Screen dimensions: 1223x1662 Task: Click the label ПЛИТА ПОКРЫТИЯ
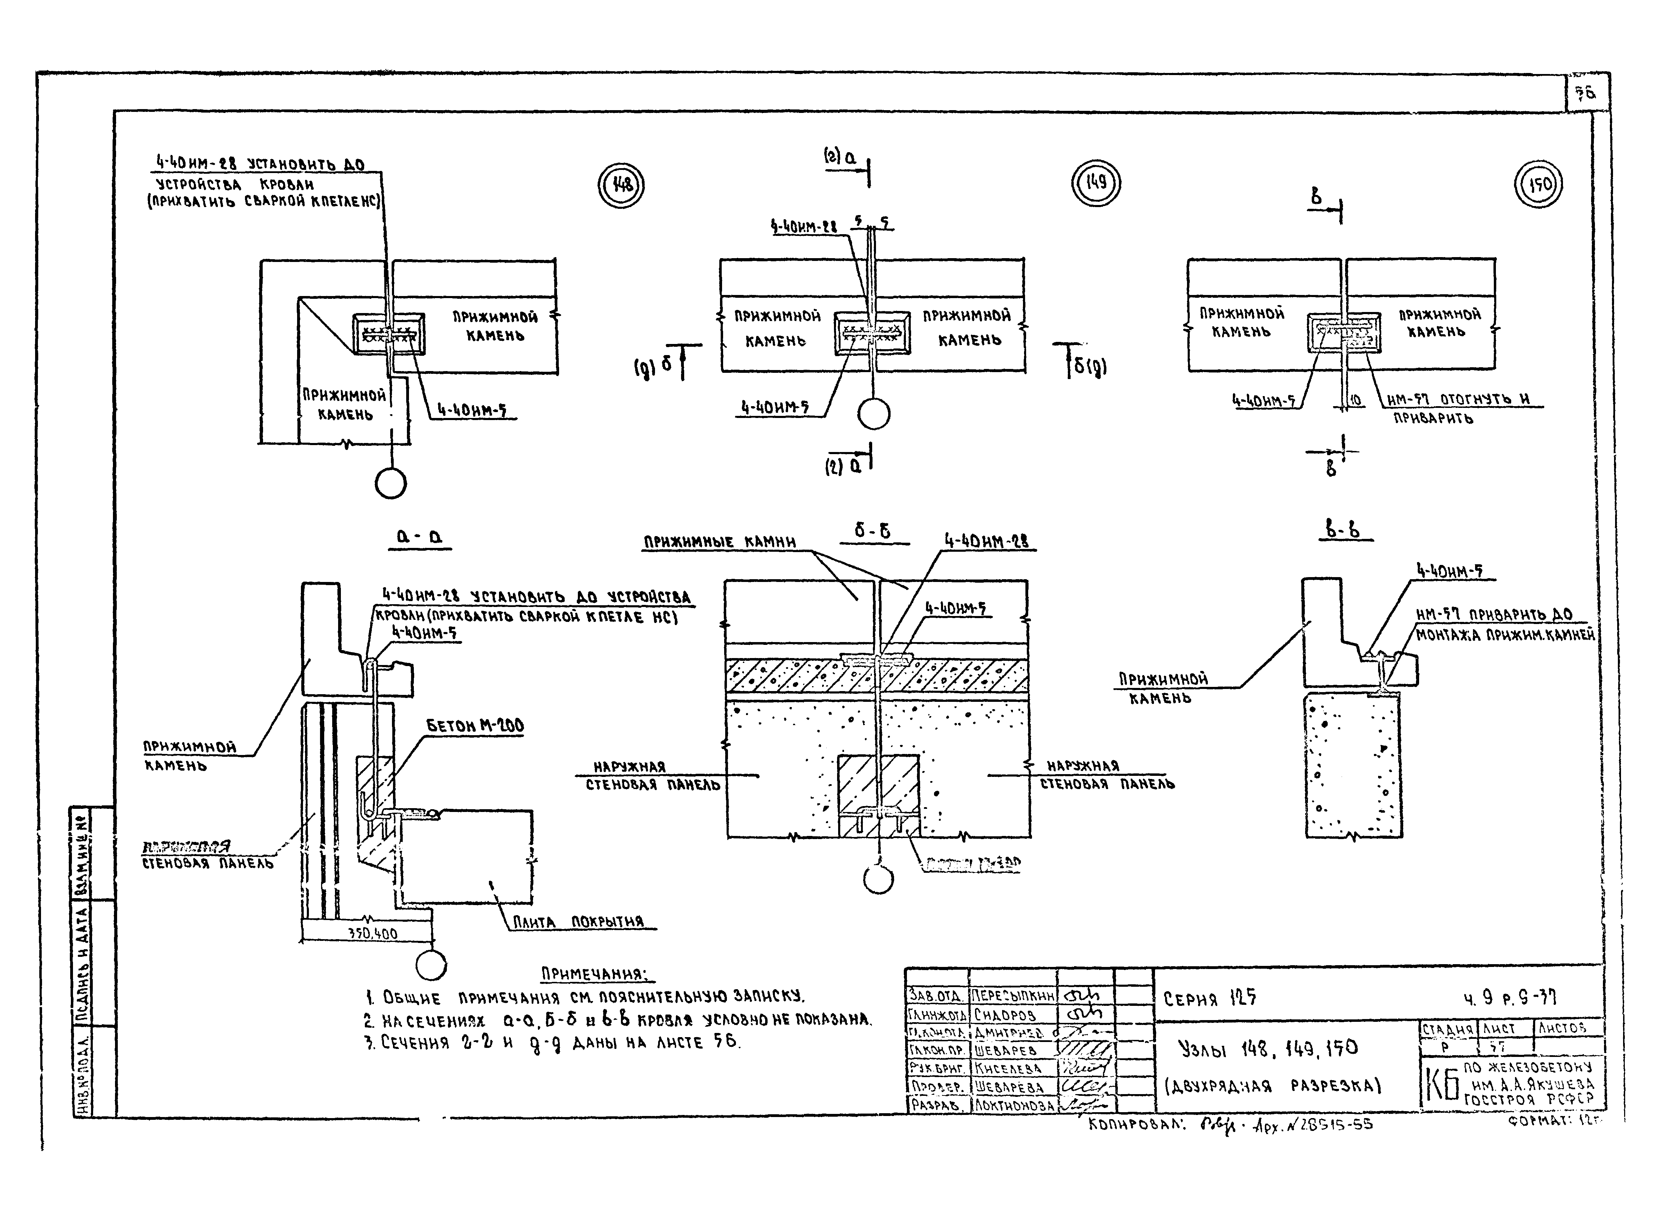click(x=578, y=922)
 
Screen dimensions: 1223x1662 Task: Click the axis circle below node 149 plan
click(x=874, y=414)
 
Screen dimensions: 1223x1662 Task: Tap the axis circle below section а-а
click(x=431, y=965)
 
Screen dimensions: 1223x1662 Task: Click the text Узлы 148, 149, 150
click(x=1268, y=1048)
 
